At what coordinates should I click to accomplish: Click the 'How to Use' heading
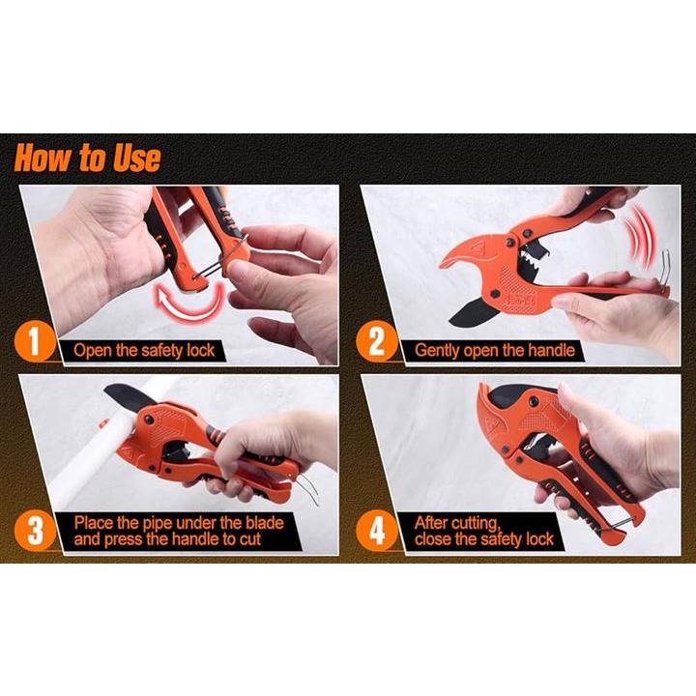(87, 158)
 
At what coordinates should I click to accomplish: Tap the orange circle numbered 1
(35, 341)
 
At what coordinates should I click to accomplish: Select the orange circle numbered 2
(376, 341)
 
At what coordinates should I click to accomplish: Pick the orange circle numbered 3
(35, 531)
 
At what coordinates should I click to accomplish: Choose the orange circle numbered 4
(376, 531)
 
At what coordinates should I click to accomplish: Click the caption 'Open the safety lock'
(144, 351)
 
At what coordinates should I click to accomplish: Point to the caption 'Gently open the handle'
(495, 351)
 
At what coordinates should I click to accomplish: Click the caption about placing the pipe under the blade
(179, 531)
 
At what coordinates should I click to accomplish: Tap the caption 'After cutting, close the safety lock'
(484, 532)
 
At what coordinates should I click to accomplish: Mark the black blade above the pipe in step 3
(130, 396)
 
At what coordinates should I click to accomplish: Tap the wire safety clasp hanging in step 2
(663, 273)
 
